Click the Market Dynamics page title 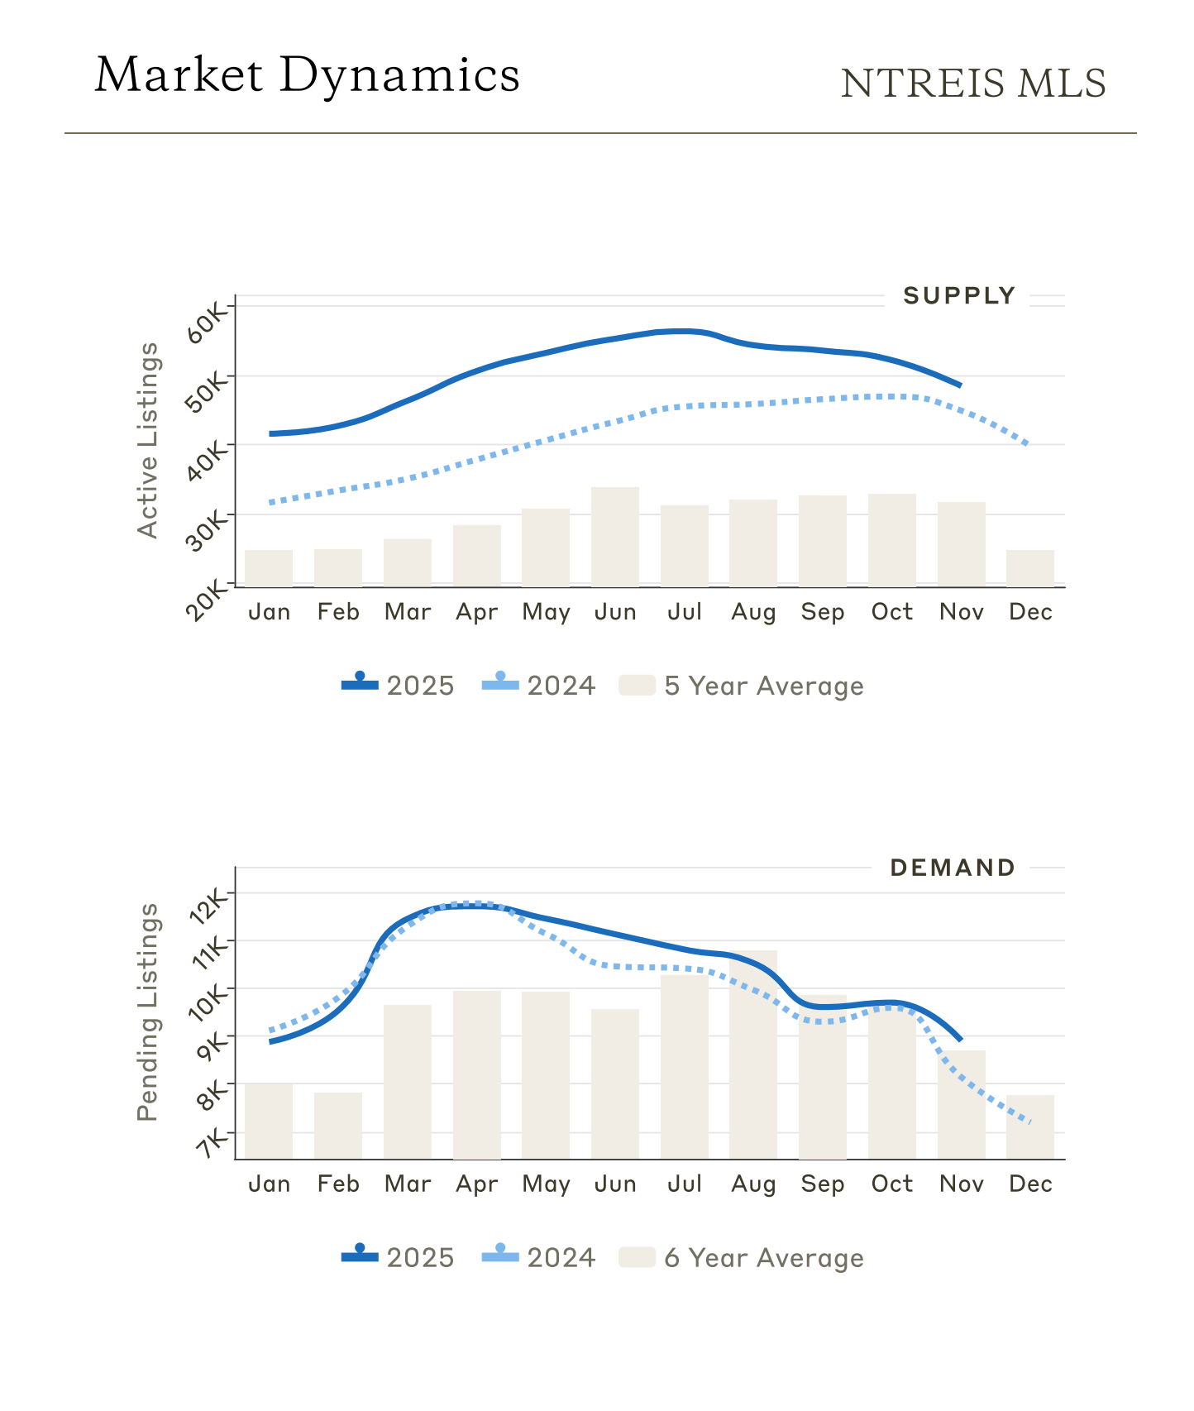[307, 74]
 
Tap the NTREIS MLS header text [973, 84]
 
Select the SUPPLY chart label [958, 295]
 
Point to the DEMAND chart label [953, 868]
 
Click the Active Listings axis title [147, 441]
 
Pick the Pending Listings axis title [147, 1012]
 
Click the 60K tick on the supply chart [206, 321]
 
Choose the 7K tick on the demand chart [212, 1144]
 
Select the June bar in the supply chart [615, 537]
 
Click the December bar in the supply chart [1030, 568]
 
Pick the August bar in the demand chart [753, 1055]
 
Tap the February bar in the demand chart [338, 1125]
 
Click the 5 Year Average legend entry [742, 686]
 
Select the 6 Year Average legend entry [742, 1258]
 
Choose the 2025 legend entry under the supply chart [399, 686]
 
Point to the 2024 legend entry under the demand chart [539, 1258]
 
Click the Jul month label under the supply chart [685, 612]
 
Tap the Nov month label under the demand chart [962, 1184]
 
